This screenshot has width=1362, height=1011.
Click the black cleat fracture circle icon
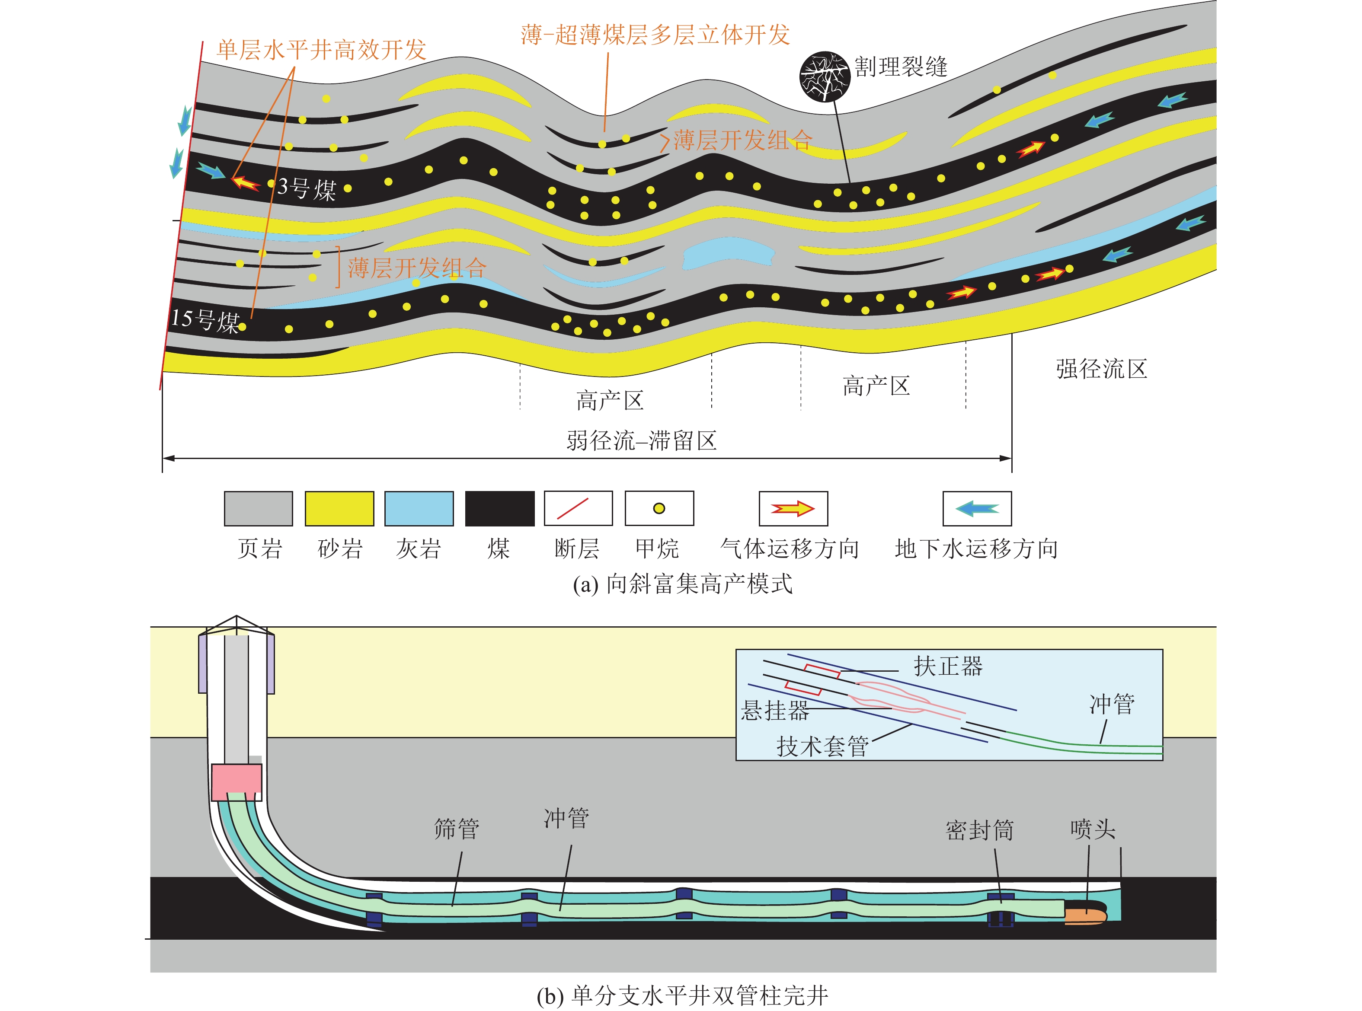click(825, 76)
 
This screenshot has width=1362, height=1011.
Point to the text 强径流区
click(1100, 369)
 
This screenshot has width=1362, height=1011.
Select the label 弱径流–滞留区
click(641, 440)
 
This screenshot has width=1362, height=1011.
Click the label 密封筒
click(979, 830)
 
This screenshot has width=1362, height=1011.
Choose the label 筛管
click(457, 829)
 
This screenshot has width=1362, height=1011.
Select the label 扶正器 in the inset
click(948, 666)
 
